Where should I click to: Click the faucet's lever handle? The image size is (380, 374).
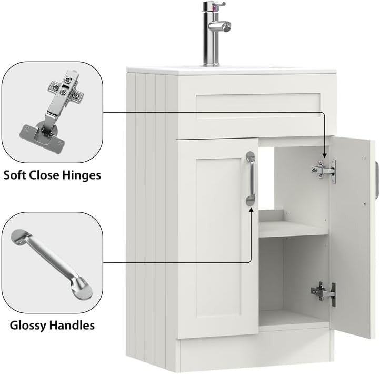(220, 25)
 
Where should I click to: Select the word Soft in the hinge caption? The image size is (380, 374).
(15, 175)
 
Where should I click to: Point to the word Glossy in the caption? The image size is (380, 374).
(26, 325)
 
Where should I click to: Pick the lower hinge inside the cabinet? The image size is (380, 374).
(325, 292)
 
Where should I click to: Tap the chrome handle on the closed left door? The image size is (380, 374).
(251, 179)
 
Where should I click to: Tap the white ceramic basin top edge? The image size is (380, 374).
(232, 71)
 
